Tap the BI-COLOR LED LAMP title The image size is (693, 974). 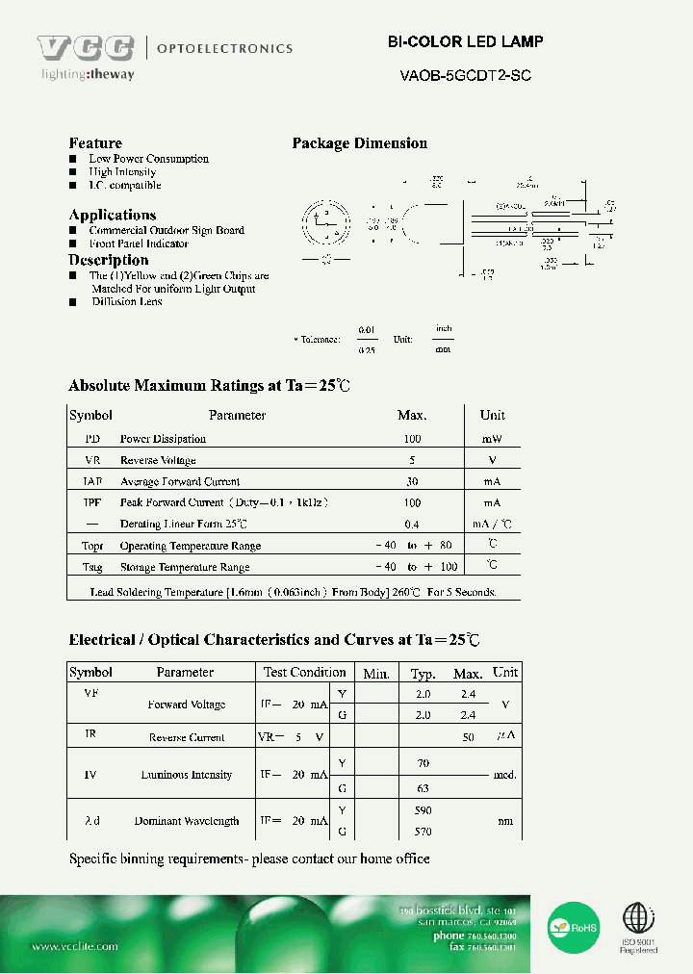[465, 42]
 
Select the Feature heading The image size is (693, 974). [95, 143]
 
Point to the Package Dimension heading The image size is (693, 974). [359, 143]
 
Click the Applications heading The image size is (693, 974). [112, 215]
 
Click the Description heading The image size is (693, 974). [108, 260]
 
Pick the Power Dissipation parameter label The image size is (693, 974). [163, 439]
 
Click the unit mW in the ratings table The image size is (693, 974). [492, 439]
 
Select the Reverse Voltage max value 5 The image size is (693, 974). [412, 460]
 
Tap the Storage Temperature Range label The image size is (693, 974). [184, 568]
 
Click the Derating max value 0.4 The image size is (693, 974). [412, 525]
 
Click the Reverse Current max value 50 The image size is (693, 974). [469, 737]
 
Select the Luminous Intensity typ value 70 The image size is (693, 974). [423, 763]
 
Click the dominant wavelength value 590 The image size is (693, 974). [423, 811]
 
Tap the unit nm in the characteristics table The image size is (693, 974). [504, 821]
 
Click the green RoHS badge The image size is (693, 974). [575, 926]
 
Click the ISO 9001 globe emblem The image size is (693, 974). [638, 919]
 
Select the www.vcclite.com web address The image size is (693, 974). [75, 947]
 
